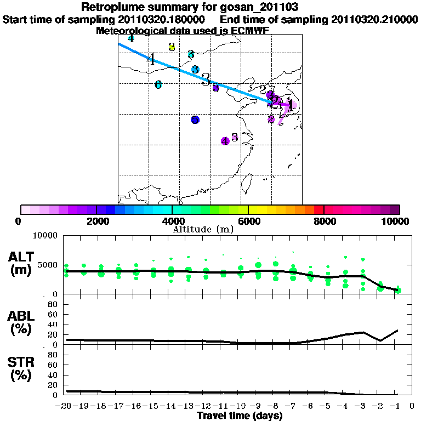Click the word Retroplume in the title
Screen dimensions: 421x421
(x=113, y=7)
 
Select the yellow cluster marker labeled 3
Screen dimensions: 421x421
(x=172, y=47)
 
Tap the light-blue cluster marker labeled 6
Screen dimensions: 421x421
(x=158, y=84)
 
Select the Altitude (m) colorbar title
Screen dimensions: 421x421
(x=203, y=230)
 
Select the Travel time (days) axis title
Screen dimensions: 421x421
(x=240, y=416)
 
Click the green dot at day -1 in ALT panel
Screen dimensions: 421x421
(x=399, y=290)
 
